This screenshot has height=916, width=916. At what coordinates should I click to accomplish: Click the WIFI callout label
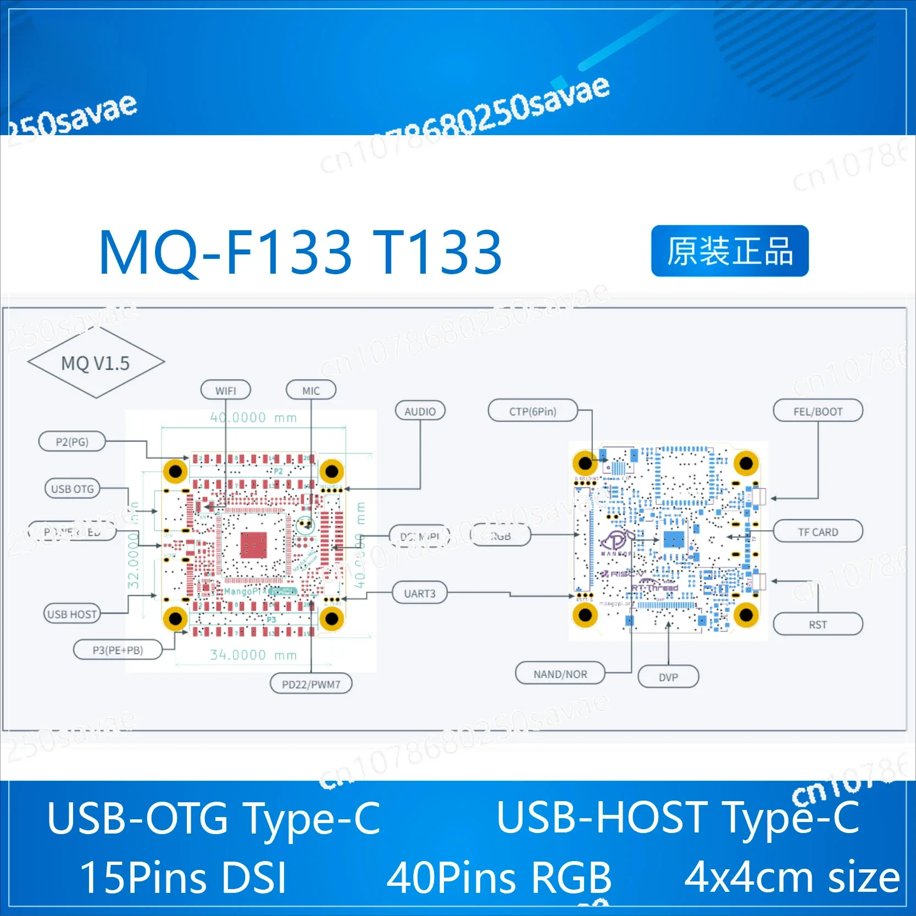[225, 390]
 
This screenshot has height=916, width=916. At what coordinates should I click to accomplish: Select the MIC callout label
[310, 390]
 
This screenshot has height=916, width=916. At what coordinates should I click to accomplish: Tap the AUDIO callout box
[420, 411]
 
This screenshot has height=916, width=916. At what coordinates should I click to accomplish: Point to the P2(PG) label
[72, 441]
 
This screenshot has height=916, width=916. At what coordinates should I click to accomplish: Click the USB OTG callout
[72, 488]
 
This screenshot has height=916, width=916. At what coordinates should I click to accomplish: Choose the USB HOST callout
[72, 614]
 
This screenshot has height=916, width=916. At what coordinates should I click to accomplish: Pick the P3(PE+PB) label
[118, 650]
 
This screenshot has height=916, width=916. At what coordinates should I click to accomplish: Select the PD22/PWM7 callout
[311, 684]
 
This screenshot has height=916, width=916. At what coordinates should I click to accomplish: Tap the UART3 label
[420, 593]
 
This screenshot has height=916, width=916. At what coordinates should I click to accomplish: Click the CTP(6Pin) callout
[532, 411]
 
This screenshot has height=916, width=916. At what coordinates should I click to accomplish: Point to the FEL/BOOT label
[818, 411]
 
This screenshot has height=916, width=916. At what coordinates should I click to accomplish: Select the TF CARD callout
[818, 531]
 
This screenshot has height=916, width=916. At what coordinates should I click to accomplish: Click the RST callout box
[818, 624]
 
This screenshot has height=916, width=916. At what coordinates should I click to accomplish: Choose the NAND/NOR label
[560, 674]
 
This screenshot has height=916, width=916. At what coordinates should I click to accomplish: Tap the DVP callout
[668, 677]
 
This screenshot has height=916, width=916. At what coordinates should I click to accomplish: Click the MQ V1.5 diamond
[96, 363]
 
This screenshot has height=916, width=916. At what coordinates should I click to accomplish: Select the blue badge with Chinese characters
[730, 251]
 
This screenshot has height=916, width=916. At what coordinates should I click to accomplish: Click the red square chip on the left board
[254, 545]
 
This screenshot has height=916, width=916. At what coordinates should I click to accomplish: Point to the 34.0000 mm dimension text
[253, 654]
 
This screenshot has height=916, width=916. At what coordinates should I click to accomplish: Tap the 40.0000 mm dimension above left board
[253, 418]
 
